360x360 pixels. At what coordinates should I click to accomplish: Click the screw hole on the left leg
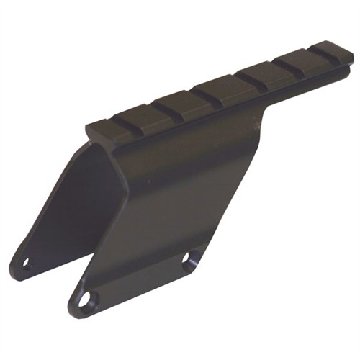coord(27,264)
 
